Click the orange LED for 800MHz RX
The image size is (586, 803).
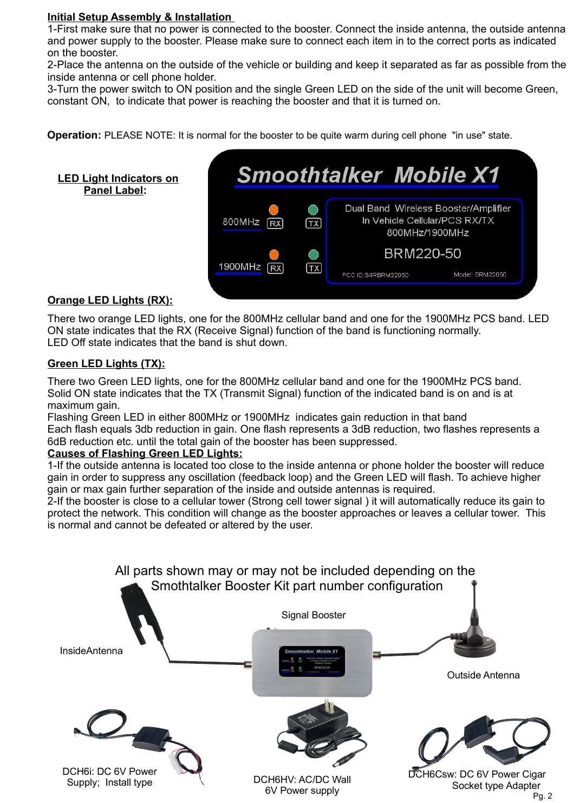click(x=274, y=210)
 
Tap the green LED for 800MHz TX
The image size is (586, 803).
click(x=313, y=210)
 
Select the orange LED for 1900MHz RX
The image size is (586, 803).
click(x=275, y=254)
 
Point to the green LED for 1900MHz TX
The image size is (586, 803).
click(x=313, y=254)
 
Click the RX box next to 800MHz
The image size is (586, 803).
click(x=275, y=223)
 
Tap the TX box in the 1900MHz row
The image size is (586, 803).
click(x=314, y=268)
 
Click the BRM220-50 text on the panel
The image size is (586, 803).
click(x=422, y=253)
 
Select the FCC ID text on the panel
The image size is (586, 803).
click(x=375, y=275)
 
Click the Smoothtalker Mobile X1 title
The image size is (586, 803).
click(x=368, y=175)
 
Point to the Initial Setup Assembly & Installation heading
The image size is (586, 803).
click(x=140, y=17)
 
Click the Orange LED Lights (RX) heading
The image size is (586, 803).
click(x=110, y=300)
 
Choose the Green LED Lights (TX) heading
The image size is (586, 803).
click(x=106, y=363)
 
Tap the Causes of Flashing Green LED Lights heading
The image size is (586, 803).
click(x=145, y=453)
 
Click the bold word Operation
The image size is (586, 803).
click(x=74, y=135)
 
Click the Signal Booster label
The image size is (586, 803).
click(x=313, y=615)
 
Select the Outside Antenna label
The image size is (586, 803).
click(x=483, y=675)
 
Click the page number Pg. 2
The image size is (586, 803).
click(x=543, y=795)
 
